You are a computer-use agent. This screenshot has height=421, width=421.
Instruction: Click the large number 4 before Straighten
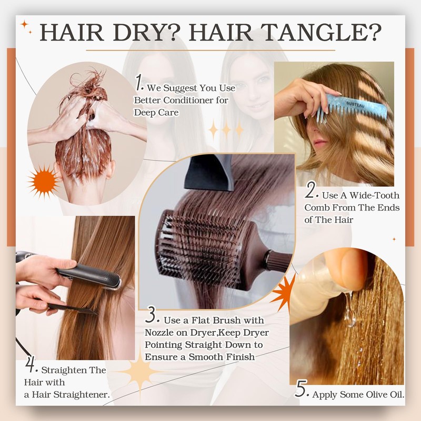point(30,366)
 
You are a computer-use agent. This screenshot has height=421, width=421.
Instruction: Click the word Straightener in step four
point(82,394)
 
